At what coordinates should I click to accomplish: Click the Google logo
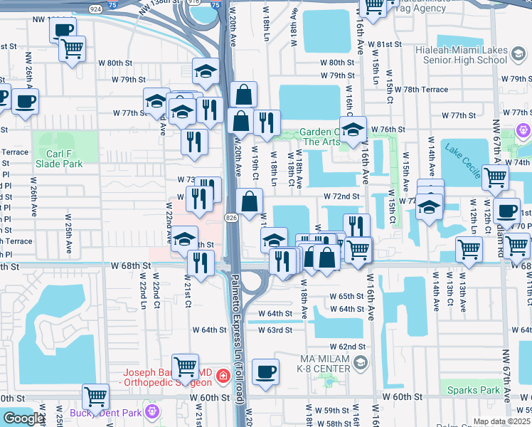point(23,418)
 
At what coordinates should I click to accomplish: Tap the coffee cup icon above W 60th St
point(266,371)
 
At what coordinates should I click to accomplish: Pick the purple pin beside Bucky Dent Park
point(151,411)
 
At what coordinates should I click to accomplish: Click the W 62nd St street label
point(351,347)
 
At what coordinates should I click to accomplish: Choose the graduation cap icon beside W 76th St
point(352,130)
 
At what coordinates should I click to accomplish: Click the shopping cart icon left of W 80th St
point(72,48)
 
